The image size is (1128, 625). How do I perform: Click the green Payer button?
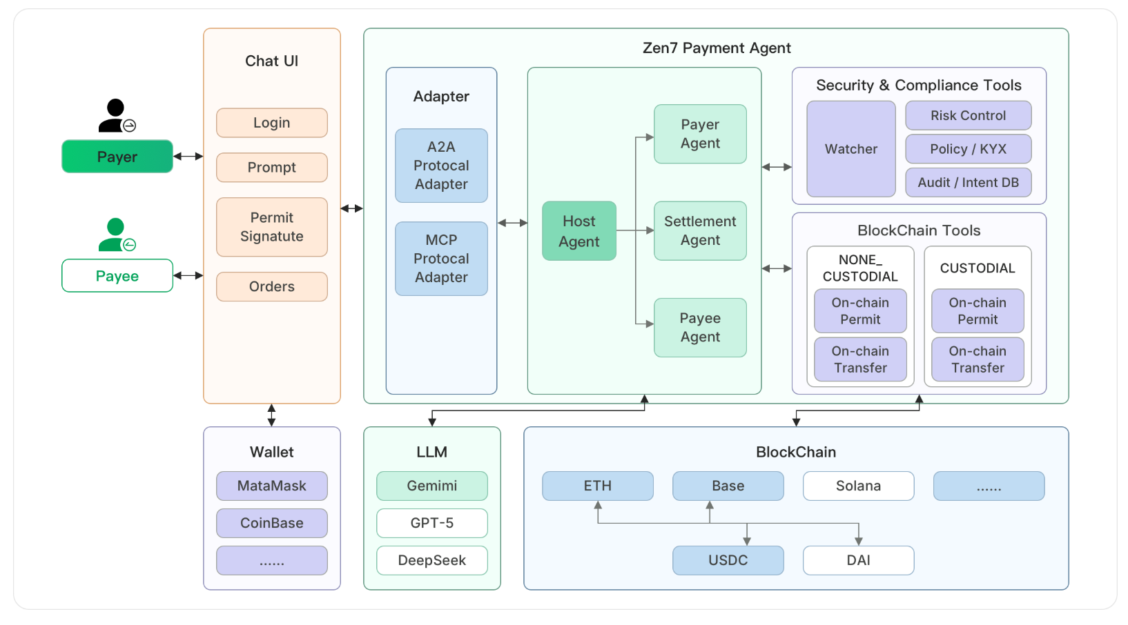(x=117, y=157)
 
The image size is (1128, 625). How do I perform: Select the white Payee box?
(x=117, y=276)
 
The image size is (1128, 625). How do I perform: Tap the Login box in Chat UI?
(x=271, y=123)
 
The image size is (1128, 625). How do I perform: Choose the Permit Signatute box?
(x=271, y=227)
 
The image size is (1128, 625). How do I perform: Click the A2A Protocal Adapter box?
(x=441, y=166)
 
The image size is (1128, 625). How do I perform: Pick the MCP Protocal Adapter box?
(x=441, y=259)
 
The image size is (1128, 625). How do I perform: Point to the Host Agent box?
(x=578, y=231)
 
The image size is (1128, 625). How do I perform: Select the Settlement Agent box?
(x=700, y=230)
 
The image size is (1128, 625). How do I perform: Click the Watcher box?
(x=850, y=149)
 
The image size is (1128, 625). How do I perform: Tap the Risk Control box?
(x=968, y=116)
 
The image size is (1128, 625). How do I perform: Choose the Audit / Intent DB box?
(x=968, y=183)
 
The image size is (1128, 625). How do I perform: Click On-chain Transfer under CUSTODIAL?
(x=978, y=359)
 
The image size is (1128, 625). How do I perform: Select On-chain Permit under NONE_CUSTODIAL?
(x=860, y=311)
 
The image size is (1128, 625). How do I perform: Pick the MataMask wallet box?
(x=271, y=486)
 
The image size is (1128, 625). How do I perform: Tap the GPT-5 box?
(x=431, y=523)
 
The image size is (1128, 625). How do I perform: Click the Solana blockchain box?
(x=858, y=486)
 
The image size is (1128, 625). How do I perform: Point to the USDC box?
(x=728, y=560)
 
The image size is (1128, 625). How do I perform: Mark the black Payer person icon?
(x=115, y=116)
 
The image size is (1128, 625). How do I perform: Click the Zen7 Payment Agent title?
(x=716, y=48)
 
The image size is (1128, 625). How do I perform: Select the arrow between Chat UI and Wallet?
(x=271, y=415)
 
